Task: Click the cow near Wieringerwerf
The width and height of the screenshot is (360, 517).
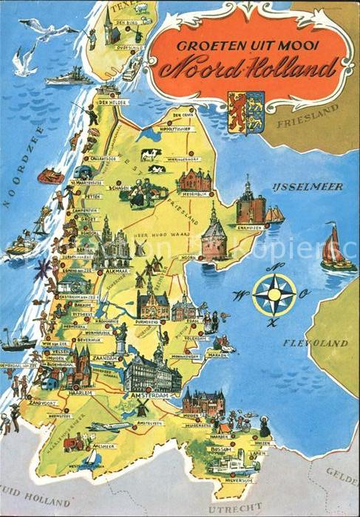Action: pyautogui.click(x=151, y=154)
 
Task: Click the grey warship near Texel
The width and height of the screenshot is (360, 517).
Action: pyautogui.click(x=68, y=77)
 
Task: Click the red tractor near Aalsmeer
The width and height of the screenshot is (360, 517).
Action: pyautogui.click(x=72, y=442)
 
